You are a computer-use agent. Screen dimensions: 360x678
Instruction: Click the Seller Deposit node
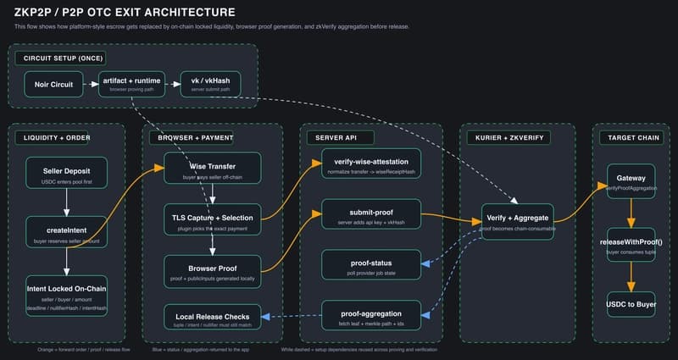[66, 174]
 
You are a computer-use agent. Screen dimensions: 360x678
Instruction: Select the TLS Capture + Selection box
[213, 221]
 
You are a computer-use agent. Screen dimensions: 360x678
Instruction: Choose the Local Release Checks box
[213, 317]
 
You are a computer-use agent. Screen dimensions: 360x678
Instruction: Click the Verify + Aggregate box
[517, 222]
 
